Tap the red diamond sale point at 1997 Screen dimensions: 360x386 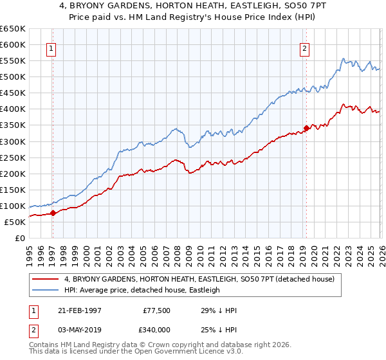click(53, 213)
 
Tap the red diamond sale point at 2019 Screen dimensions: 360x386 click(307, 128)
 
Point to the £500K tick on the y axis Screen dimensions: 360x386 click(13, 76)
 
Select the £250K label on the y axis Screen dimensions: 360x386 click(13, 157)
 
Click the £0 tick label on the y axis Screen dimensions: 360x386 click(20, 238)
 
